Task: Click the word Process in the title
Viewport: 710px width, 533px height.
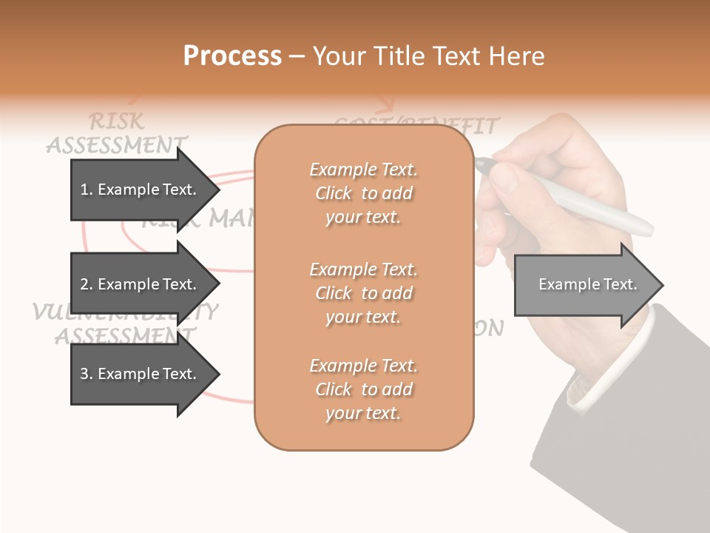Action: tap(232, 56)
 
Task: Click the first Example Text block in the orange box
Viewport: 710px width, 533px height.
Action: tap(363, 193)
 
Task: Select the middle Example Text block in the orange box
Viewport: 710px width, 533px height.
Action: tap(363, 293)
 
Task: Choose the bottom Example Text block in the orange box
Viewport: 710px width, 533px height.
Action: tap(363, 389)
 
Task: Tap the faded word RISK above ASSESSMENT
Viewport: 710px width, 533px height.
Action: tap(116, 121)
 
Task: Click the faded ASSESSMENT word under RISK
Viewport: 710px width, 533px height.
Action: tap(116, 144)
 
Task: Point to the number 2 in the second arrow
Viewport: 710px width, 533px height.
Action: tap(84, 284)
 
